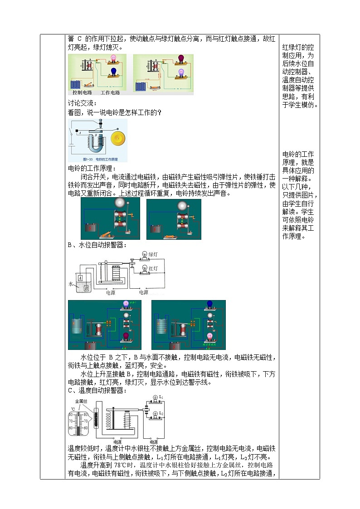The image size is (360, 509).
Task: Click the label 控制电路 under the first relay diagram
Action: tap(82, 92)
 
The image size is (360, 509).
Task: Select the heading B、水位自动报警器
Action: tap(97, 245)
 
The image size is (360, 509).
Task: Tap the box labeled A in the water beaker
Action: tap(80, 278)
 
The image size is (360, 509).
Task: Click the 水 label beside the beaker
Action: tap(70, 284)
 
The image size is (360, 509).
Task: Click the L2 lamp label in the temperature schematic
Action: tap(161, 413)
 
